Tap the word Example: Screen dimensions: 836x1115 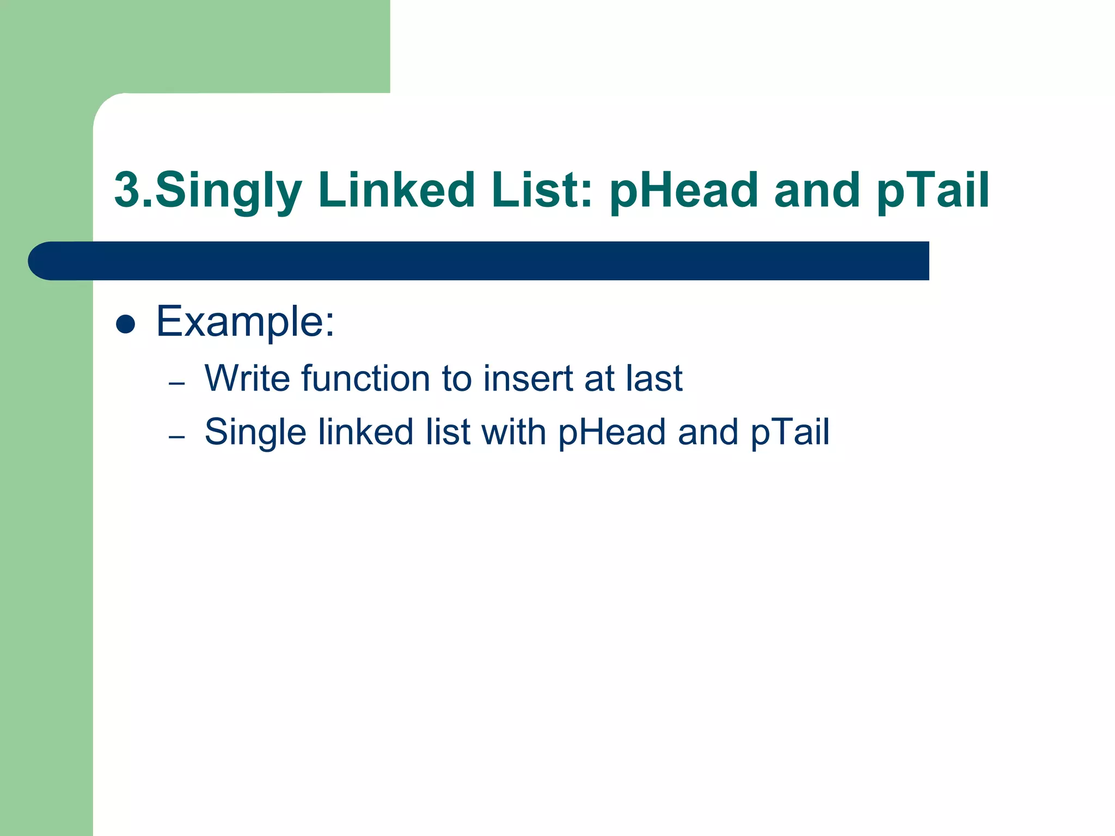(x=245, y=322)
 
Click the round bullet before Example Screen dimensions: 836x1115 (x=126, y=324)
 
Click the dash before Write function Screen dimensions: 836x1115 (x=177, y=384)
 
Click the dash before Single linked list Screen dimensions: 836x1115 (x=177, y=437)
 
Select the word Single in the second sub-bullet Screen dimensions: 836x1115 (x=255, y=432)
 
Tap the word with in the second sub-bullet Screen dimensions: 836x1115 (x=513, y=432)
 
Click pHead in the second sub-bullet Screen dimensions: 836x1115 (x=612, y=432)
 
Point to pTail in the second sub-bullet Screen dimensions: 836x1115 (x=790, y=432)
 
